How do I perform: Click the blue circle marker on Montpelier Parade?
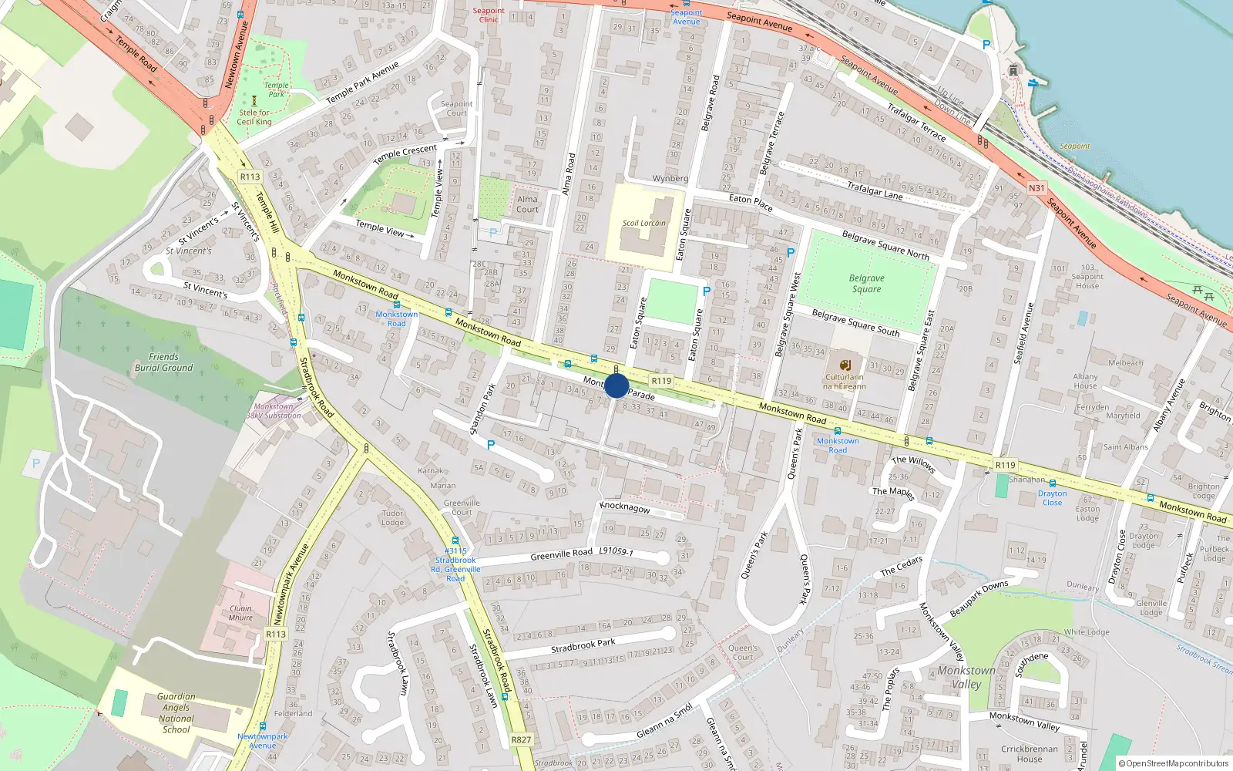coord(616,385)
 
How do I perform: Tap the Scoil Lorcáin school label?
coord(643,223)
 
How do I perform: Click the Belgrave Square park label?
coord(866,284)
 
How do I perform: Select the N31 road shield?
coord(1036,188)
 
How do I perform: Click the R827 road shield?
coord(521,739)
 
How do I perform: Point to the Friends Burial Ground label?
coord(163,362)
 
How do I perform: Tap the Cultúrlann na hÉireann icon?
coord(845,365)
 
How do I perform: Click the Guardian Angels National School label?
coord(176,712)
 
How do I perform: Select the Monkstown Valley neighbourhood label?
coord(966,677)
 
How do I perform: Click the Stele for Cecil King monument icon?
coord(254,100)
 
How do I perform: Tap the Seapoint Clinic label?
coord(489,15)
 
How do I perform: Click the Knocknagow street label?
coord(625,507)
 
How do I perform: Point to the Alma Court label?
coord(527,204)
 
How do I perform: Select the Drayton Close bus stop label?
coord(1052,498)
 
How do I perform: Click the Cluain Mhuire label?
coord(240,612)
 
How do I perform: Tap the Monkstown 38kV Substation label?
coord(274,411)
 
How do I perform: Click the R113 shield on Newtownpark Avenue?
coord(275,634)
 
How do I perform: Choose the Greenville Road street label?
coord(561,554)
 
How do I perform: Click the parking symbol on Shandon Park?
coord(491,445)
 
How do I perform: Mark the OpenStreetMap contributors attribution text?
coord(1174,763)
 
